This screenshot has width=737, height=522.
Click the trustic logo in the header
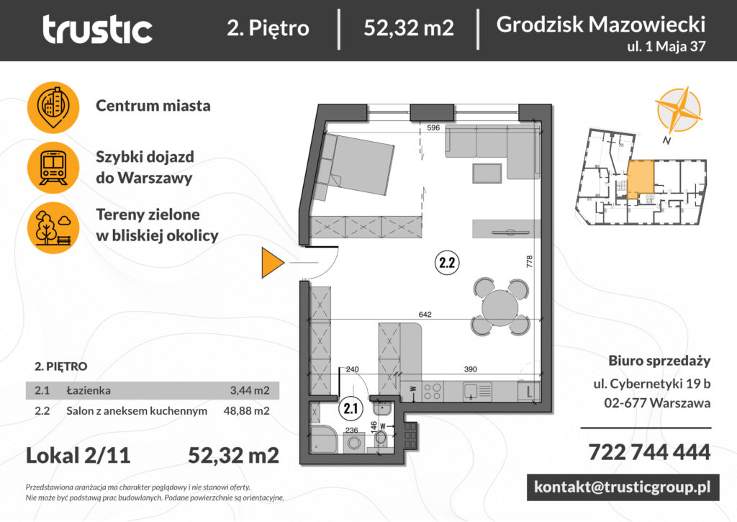click(x=97, y=30)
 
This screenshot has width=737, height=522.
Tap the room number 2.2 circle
click(x=447, y=263)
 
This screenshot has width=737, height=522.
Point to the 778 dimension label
click(x=530, y=261)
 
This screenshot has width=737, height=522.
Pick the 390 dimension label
click(x=470, y=369)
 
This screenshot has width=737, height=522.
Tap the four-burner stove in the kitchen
click(x=432, y=392)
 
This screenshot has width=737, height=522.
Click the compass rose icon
click(x=677, y=110)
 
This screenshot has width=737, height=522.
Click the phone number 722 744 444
click(x=649, y=452)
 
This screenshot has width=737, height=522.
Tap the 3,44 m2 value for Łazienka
click(x=248, y=391)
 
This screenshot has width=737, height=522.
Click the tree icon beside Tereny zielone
click(x=53, y=227)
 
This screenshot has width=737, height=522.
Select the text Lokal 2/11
click(x=78, y=456)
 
